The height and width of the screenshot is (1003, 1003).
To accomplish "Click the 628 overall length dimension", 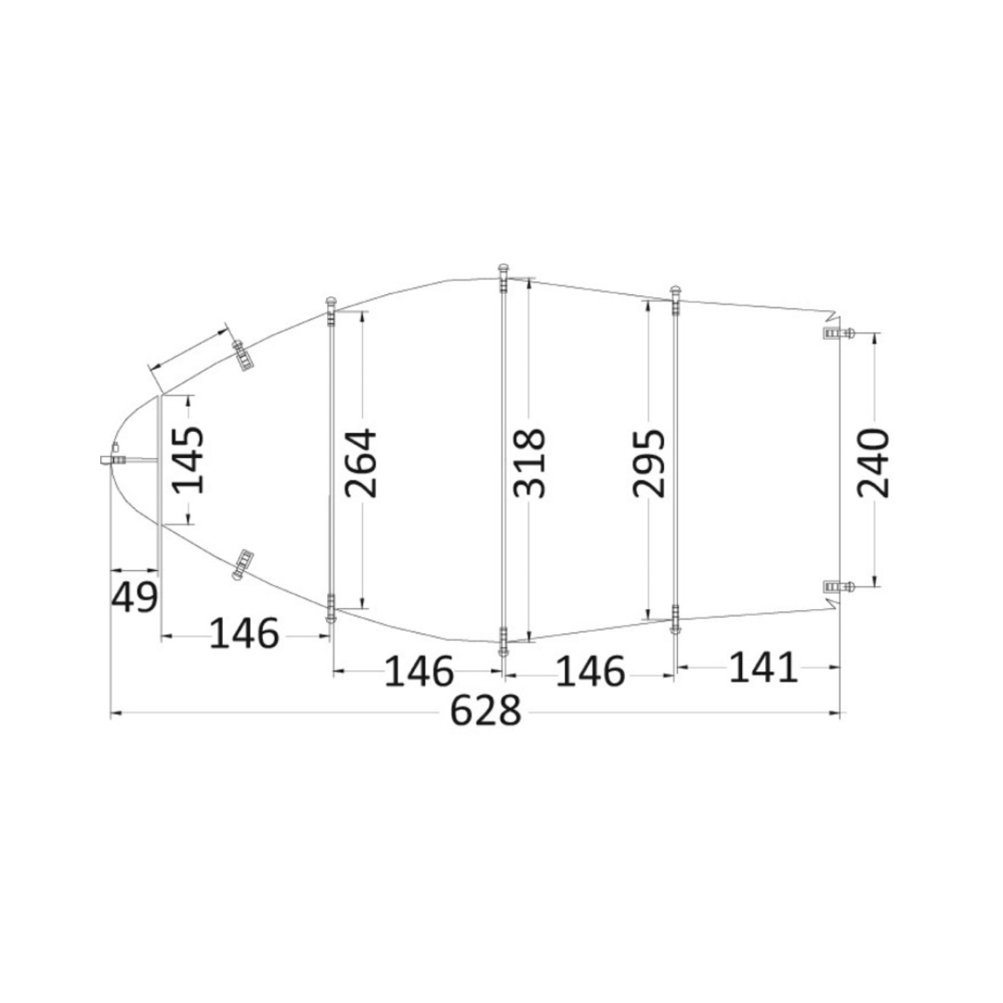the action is click(x=486, y=711).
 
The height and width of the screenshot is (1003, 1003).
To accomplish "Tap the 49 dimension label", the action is click(x=135, y=597).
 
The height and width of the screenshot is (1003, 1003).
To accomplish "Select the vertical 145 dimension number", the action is click(x=189, y=460).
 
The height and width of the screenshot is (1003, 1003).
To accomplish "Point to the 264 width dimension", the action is click(x=360, y=463).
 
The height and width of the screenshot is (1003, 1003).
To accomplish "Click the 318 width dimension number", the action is click(x=530, y=463).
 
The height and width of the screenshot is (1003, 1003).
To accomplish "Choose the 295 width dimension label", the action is click(x=649, y=463).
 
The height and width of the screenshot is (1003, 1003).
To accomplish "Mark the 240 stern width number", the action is click(x=874, y=463).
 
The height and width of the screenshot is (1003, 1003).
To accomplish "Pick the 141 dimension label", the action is click(x=763, y=668).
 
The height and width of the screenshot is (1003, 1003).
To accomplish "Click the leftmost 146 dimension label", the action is click(x=244, y=633).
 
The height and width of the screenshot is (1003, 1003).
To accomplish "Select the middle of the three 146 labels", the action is click(x=419, y=671).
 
